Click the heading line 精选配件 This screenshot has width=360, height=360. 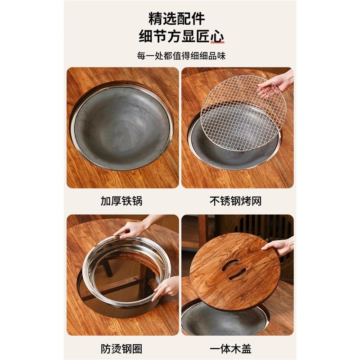coord(177,19)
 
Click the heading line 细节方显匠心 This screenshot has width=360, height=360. coord(182,37)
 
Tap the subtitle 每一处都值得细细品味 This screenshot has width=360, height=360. coord(181,56)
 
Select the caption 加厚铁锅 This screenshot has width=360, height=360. coord(121,201)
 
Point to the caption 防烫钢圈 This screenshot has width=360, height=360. coord(121,348)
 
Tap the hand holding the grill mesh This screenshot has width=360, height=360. coord(275,84)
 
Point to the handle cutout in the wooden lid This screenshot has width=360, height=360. coord(234,269)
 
